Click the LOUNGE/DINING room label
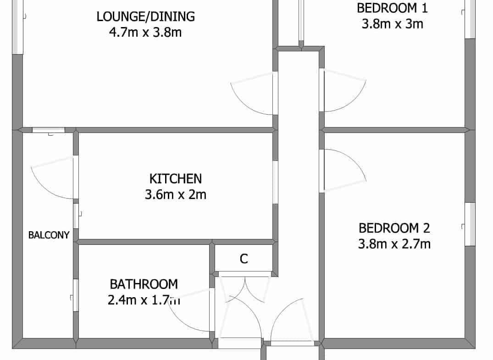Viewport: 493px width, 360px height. [x=145, y=17]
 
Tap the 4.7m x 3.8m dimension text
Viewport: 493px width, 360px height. [x=145, y=32]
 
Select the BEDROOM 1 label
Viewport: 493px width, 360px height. [x=393, y=8]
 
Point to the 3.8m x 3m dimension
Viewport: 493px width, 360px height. [x=393, y=24]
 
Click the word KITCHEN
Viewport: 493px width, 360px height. [x=176, y=178]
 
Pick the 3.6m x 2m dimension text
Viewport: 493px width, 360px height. [x=176, y=194]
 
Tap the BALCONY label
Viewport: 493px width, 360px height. [x=49, y=235]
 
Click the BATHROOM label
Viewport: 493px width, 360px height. [x=144, y=284]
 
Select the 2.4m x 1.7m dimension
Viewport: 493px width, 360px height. [x=144, y=300]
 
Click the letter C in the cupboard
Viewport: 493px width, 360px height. [x=244, y=259]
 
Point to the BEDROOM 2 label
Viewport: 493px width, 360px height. [x=394, y=228]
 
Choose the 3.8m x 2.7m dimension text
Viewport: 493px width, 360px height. [x=394, y=244]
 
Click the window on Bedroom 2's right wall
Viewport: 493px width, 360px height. [x=470, y=224]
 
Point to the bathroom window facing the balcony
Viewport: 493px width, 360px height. [x=76, y=295]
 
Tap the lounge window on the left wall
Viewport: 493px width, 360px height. [x=17, y=27]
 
